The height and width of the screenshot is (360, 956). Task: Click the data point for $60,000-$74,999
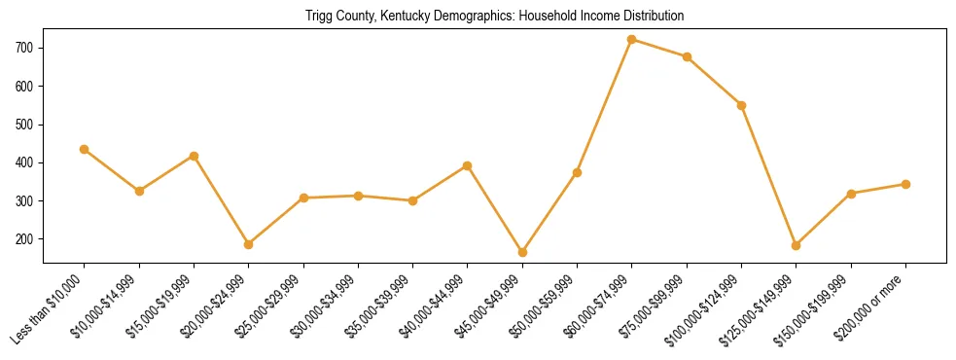632,40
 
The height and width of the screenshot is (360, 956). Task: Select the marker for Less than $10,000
85,149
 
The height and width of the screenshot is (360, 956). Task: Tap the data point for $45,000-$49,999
522,252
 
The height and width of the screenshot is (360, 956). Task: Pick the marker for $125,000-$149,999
797,245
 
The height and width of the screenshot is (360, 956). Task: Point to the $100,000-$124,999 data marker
742,105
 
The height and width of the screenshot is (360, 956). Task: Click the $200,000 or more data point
905,184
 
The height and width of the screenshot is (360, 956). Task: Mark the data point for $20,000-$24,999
249,244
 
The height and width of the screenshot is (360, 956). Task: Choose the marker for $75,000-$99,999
687,57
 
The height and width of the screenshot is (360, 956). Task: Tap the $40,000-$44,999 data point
468,165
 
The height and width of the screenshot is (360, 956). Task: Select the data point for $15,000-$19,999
195,156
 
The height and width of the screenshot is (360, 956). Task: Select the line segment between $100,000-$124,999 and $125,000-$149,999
769,175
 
